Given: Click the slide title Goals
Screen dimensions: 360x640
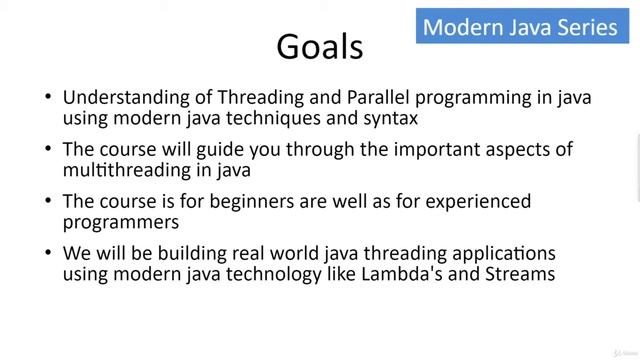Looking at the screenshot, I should [x=320, y=46].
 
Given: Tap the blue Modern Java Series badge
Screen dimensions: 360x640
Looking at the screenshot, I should [x=520, y=27].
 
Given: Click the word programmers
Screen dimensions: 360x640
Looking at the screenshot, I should [x=121, y=222].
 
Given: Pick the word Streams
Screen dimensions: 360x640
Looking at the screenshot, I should [x=518, y=273].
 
